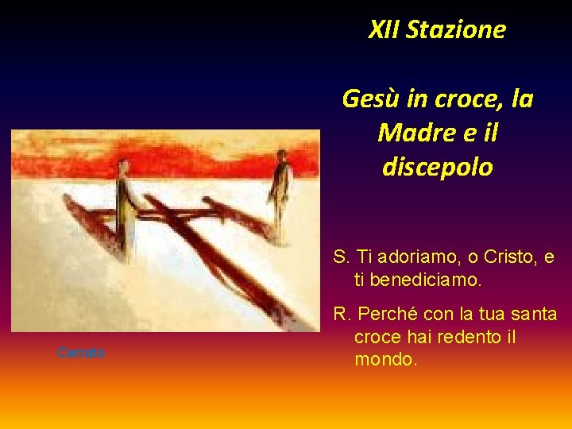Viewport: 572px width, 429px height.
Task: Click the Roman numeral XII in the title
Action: coord(384,30)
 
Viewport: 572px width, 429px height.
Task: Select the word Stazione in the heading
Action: coord(455,30)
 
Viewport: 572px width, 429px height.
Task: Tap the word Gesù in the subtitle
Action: coord(369,99)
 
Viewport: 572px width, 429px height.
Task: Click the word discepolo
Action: coord(437,168)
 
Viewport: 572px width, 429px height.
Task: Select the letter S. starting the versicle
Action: coord(342,257)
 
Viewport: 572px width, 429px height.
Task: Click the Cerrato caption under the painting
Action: coord(81,353)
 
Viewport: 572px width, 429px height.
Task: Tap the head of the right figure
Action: coord(281,155)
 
